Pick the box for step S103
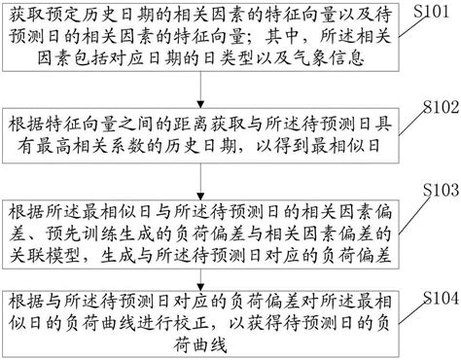(198, 230)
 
